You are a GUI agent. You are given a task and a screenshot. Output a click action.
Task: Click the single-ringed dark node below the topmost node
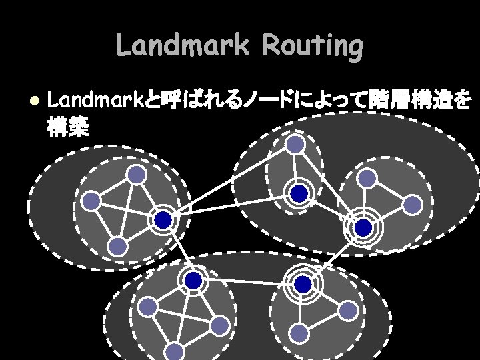pyautogui.click(x=299, y=193)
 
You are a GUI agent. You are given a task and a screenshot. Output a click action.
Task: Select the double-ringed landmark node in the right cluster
pyautogui.click(x=363, y=228)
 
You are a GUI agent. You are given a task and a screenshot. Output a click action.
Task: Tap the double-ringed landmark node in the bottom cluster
pyautogui.click(x=303, y=285)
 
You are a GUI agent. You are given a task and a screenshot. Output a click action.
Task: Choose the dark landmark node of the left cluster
pyautogui.click(x=163, y=219)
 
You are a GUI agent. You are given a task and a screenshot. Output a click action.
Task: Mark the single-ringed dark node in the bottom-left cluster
pyautogui.click(x=193, y=281)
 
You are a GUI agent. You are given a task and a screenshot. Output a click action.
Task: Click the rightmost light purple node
pyautogui.click(x=413, y=205)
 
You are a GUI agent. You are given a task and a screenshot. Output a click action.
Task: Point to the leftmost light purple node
pyautogui.click(x=91, y=201)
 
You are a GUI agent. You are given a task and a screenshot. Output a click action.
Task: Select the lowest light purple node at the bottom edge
pyautogui.click(x=175, y=351)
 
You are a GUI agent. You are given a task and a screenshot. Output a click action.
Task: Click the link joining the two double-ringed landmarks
pyautogui.click(x=333, y=256)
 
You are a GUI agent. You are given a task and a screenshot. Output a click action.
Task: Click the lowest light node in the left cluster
pyautogui.click(x=118, y=247)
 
